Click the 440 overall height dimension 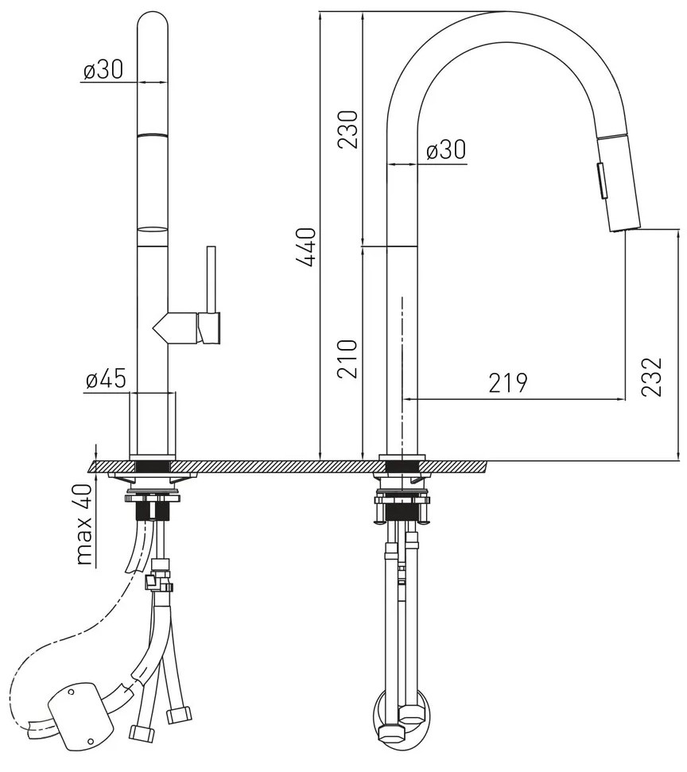pos(306,247)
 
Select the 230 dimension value pos(347,129)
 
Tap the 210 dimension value pos(347,359)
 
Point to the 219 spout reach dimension pos(508,382)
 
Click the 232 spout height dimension pos(651,377)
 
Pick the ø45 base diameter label pos(106,379)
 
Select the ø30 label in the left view pos(103,70)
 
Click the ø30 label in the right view pos(445,149)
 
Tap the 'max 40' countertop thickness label pos(84,524)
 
